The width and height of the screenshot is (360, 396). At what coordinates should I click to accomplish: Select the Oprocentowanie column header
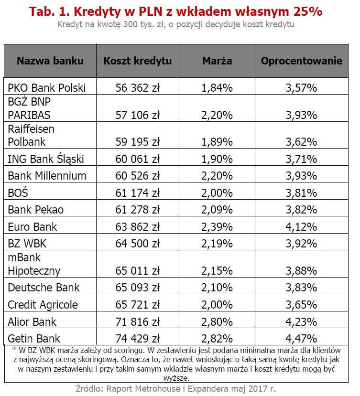click(301, 61)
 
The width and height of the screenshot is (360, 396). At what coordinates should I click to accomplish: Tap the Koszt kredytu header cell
click(138, 61)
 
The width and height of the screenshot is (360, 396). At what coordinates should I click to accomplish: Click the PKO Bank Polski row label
click(46, 88)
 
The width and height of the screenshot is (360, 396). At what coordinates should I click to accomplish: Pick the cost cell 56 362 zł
click(138, 88)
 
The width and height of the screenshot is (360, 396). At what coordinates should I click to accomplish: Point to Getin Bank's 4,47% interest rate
click(301, 339)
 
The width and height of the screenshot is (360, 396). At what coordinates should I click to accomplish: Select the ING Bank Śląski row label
click(46, 159)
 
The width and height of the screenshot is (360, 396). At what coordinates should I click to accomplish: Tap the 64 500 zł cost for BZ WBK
click(138, 244)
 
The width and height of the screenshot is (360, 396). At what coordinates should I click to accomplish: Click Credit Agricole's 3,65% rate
click(301, 305)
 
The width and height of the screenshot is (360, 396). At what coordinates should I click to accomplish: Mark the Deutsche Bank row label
click(44, 288)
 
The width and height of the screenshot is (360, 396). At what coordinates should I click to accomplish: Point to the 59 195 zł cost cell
click(138, 142)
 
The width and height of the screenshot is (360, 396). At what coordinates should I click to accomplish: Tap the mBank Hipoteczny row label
click(34, 265)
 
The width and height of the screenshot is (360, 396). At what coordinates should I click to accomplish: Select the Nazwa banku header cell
click(50, 61)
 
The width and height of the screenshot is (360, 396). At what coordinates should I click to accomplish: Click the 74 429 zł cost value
click(138, 339)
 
